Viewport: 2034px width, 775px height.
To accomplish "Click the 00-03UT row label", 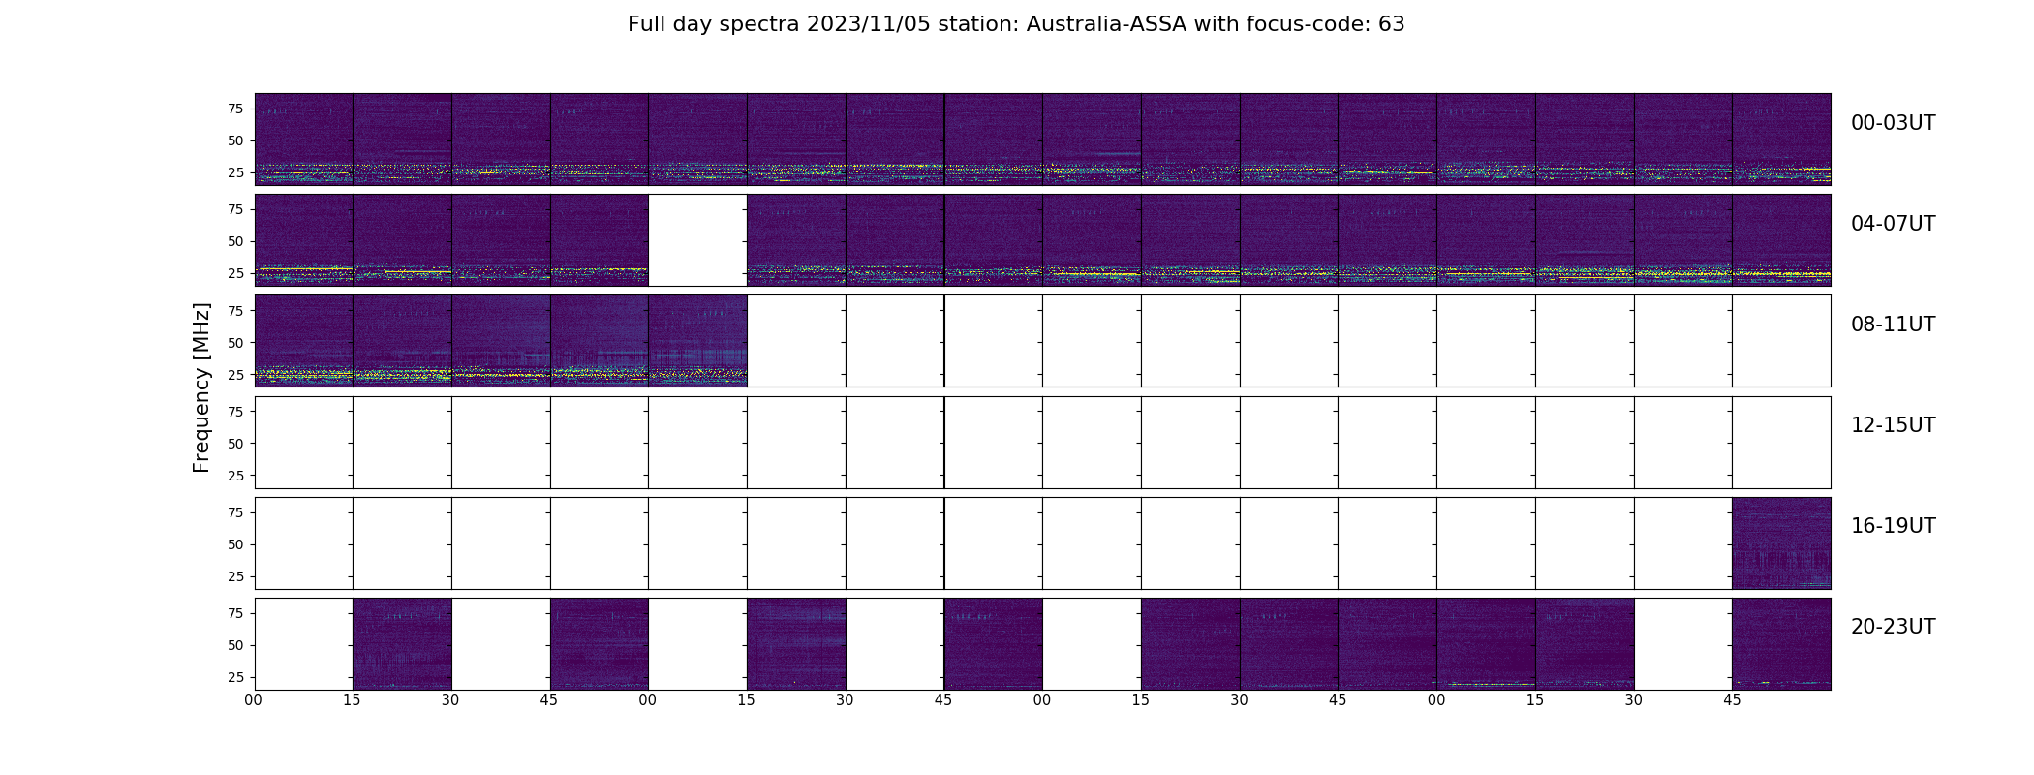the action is [x=1893, y=123].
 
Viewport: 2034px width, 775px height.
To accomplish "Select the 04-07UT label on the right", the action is [x=1893, y=224].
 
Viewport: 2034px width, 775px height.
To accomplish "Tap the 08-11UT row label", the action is [x=1893, y=325].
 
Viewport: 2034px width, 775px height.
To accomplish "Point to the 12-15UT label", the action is [x=1893, y=425].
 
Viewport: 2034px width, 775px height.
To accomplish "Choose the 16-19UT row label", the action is [x=1893, y=526].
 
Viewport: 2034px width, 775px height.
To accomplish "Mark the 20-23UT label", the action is [x=1893, y=627].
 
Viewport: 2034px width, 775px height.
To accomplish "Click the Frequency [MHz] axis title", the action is [x=201, y=387].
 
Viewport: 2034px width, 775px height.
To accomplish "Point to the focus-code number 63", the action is [x=1392, y=24].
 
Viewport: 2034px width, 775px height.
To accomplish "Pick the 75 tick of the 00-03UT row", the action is [x=234, y=109].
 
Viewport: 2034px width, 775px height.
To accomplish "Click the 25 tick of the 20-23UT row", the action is [x=234, y=677].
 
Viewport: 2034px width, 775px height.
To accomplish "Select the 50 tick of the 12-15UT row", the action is [x=234, y=444].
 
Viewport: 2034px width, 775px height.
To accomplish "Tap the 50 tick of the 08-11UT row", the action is [x=234, y=343].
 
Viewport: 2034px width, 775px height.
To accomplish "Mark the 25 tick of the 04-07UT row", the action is [x=234, y=273].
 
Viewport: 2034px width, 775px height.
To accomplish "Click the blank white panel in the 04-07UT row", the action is [x=697, y=240].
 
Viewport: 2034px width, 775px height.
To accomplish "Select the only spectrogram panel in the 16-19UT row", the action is [x=1781, y=543].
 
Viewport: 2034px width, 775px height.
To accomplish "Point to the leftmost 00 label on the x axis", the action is [x=254, y=699].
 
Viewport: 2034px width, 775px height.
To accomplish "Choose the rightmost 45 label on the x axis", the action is [x=1732, y=699].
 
